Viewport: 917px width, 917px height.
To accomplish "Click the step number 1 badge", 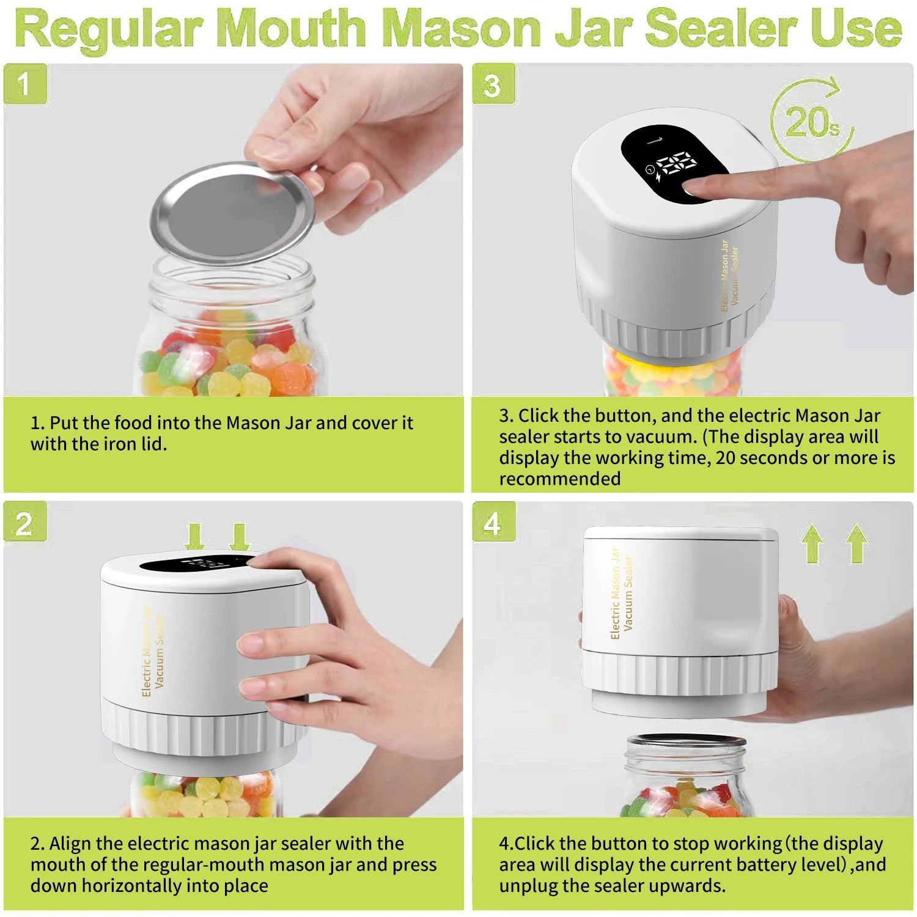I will coord(24,84).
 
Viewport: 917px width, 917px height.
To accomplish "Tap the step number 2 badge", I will coord(24,523).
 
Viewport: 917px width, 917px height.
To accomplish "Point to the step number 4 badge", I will coord(493,523).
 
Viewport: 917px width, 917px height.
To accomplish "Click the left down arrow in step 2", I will coord(195,537).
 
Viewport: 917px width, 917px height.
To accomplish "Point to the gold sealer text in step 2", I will coord(153,651).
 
